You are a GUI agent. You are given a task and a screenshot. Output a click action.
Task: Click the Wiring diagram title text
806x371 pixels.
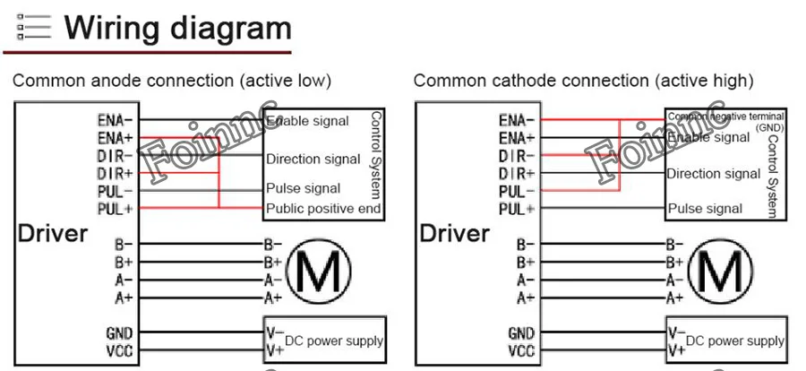(x=178, y=29)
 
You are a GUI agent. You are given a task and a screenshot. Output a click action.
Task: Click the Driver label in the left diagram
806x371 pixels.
(x=53, y=234)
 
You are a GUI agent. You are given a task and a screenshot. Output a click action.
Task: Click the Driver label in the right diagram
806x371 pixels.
(x=455, y=234)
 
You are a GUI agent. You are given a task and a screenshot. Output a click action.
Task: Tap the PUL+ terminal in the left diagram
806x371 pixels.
(x=116, y=209)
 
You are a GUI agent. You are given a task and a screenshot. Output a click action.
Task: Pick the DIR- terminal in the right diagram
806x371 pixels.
(x=517, y=155)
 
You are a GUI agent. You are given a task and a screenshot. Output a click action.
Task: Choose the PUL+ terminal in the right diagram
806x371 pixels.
(x=517, y=209)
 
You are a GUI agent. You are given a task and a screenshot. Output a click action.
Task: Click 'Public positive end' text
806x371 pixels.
(x=323, y=209)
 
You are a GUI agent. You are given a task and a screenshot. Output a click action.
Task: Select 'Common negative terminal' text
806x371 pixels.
(x=726, y=116)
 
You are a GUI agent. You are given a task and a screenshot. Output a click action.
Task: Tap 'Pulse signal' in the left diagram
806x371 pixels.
(x=303, y=188)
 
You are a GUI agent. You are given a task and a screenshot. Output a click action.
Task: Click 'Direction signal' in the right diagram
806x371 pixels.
(x=713, y=174)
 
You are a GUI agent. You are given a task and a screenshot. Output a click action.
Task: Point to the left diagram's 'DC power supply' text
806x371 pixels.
(x=334, y=341)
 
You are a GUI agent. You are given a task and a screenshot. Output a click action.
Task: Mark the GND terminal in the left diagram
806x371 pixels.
(x=119, y=333)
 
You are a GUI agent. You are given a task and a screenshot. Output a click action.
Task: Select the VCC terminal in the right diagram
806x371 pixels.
(x=521, y=350)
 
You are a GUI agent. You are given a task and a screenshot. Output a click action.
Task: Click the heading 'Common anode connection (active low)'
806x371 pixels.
(x=172, y=81)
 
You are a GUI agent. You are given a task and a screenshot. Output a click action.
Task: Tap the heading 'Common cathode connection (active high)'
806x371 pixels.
(x=583, y=81)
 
